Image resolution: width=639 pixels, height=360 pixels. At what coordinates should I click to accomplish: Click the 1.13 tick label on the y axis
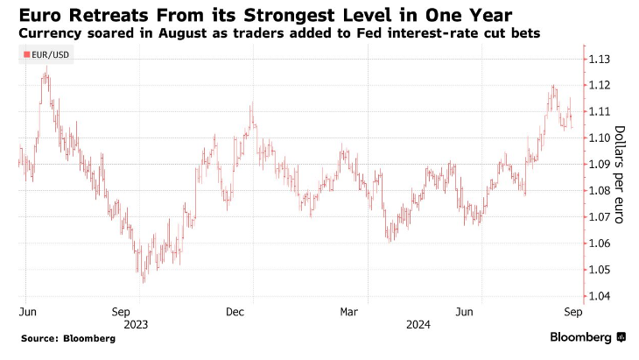[x=600, y=59]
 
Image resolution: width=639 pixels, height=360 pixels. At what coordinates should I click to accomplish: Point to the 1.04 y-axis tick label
[x=600, y=296]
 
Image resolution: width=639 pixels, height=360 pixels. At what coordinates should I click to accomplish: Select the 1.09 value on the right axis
[x=600, y=165]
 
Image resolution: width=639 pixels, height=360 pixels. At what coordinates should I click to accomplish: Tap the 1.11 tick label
[x=600, y=111]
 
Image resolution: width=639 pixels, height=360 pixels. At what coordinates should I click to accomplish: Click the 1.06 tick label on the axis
[x=600, y=244]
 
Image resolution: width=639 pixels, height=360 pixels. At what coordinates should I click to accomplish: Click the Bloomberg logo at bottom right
[x=587, y=337]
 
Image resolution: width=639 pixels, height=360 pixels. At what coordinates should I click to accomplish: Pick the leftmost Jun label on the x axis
[x=27, y=311]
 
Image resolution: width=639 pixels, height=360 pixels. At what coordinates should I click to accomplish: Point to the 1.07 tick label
[x=600, y=217]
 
